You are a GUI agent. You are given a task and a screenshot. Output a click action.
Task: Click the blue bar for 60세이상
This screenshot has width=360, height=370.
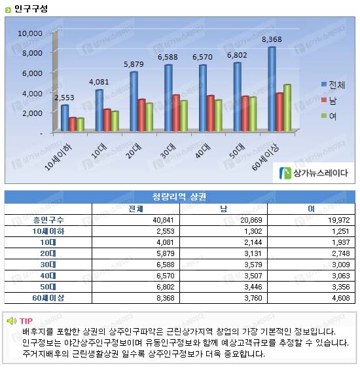pyautogui.click(x=272, y=89)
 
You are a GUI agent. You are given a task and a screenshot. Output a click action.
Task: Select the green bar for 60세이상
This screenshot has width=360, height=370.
pyautogui.click(x=287, y=107)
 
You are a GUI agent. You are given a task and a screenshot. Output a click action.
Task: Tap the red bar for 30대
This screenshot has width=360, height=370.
pyautogui.click(x=176, y=113)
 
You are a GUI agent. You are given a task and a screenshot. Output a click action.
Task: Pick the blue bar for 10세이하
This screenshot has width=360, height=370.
pyautogui.click(x=65, y=118)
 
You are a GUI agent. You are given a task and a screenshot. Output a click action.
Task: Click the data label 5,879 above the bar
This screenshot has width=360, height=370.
pyautogui.click(x=134, y=64)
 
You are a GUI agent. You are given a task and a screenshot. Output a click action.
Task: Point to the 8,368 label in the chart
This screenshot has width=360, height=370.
pyautogui.click(x=272, y=39)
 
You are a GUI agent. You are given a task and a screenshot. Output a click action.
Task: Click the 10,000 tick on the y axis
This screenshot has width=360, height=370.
pyautogui.click(x=30, y=33)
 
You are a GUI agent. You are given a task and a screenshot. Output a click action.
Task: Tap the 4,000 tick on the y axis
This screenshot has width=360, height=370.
pyautogui.click(x=32, y=94)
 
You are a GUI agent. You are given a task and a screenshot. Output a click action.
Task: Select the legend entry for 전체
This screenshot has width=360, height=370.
pyautogui.click(x=333, y=84)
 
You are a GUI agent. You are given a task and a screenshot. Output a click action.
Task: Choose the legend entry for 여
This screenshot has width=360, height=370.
pyautogui.click(x=329, y=116)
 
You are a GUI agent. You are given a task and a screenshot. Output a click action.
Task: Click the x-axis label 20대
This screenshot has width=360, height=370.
pyautogui.click(x=134, y=151)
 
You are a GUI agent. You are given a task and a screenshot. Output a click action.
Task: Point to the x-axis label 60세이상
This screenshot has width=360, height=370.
pyautogui.click(x=265, y=157)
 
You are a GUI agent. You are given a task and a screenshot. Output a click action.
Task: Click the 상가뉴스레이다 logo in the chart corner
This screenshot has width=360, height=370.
pyautogui.click(x=314, y=173)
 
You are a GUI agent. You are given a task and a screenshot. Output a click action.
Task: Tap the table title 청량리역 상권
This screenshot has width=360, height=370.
pyautogui.click(x=179, y=196)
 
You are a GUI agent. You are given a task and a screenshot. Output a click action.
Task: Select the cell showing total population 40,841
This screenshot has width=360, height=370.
pyautogui.click(x=163, y=220)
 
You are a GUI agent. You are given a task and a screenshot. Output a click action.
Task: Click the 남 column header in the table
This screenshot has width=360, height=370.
pyautogui.click(x=223, y=209)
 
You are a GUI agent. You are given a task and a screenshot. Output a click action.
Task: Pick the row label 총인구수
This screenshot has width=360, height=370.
pyautogui.click(x=48, y=220)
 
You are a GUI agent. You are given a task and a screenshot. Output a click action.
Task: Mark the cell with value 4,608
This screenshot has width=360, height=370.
pyautogui.click(x=341, y=298)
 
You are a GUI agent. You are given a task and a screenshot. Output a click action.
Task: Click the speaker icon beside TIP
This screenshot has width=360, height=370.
pyautogui.click(x=11, y=321)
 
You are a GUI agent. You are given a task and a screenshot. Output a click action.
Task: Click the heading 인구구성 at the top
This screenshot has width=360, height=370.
pyautogui.click(x=31, y=9)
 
